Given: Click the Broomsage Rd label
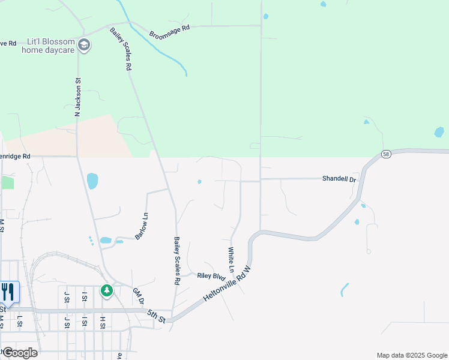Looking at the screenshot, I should [x=169, y=27].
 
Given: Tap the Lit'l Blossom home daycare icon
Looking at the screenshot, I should [x=84, y=45].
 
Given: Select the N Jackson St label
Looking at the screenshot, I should [x=77, y=97].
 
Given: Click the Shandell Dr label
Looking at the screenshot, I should [x=339, y=179].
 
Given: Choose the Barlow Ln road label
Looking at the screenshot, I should [x=142, y=227].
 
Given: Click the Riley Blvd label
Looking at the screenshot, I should [x=211, y=277].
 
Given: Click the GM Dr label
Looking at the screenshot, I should [x=139, y=296].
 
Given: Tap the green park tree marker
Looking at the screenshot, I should [x=107, y=291].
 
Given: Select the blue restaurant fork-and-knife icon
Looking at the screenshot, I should [x=8, y=292].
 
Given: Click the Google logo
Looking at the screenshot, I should [x=19, y=352].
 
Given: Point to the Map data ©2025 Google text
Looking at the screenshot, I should [x=411, y=355].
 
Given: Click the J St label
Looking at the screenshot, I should [x=66, y=296].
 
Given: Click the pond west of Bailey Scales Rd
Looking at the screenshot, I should [x=92, y=180].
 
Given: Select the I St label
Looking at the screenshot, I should [x=85, y=296].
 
